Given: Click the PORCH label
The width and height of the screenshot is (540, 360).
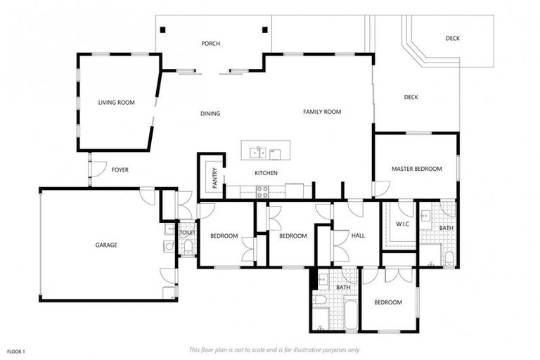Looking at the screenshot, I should coord(210,44).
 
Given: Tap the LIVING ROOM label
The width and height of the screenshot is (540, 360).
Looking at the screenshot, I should coord(116,103).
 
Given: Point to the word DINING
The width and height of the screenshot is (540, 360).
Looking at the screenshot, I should coord(210,113).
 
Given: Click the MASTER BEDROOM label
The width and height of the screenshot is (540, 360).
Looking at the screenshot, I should coord(416,169).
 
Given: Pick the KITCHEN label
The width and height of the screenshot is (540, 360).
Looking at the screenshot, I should coord(266,173).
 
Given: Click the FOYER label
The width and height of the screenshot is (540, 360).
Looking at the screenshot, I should coord(120,169).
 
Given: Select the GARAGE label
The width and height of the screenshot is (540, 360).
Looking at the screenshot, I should coord(106,245).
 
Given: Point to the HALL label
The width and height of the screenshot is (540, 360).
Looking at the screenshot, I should coord(359,236).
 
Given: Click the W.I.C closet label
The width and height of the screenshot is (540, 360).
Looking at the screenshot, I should coord(402,224).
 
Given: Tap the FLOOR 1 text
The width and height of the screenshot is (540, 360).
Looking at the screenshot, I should coord(15,350).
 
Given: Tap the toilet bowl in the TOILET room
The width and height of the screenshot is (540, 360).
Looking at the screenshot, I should coord(188,245).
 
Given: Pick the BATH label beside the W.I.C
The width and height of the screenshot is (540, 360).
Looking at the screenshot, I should coord(446,228).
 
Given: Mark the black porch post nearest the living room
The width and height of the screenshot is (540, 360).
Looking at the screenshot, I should coord(163,30).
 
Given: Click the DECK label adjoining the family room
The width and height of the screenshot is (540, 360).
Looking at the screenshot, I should coord(411,97).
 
